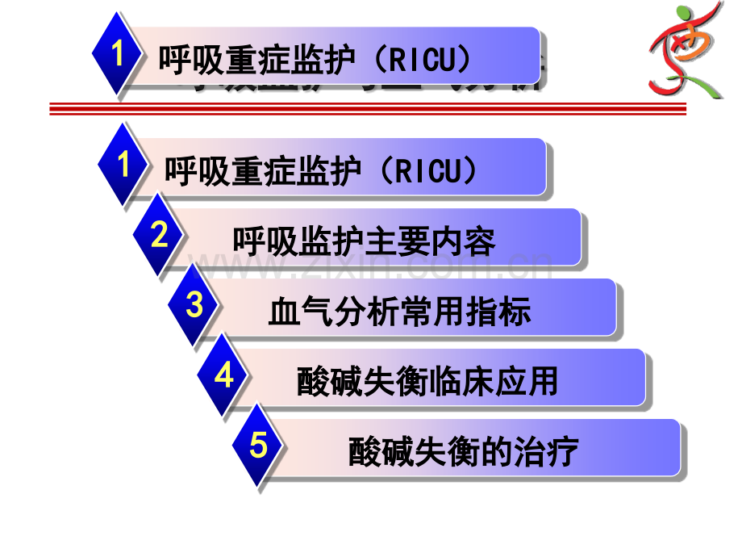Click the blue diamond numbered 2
tap(159, 236)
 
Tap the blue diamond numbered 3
tap(194, 306)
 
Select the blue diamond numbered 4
tap(224, 375)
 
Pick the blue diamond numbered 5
tap(258, 446)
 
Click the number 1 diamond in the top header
tap(118, 56)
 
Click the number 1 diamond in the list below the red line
tap(123, 165)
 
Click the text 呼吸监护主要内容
tap(364, 241)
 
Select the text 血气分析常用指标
tap(400, 312)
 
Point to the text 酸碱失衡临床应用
tap(427, 382)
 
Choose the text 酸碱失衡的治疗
tap(463, 452)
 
